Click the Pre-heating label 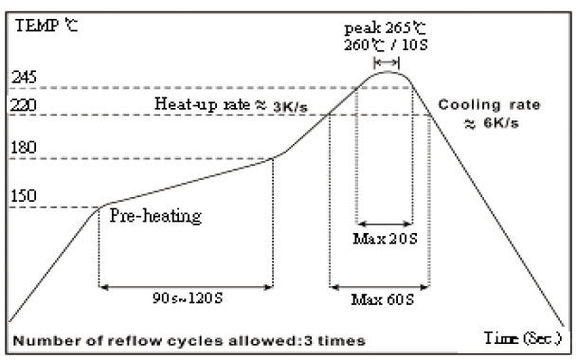tap(156, 216)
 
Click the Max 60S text tap(378, 301)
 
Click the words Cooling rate tap(483, 103)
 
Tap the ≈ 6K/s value tap(483, 124)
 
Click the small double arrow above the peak tap(384, 61)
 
